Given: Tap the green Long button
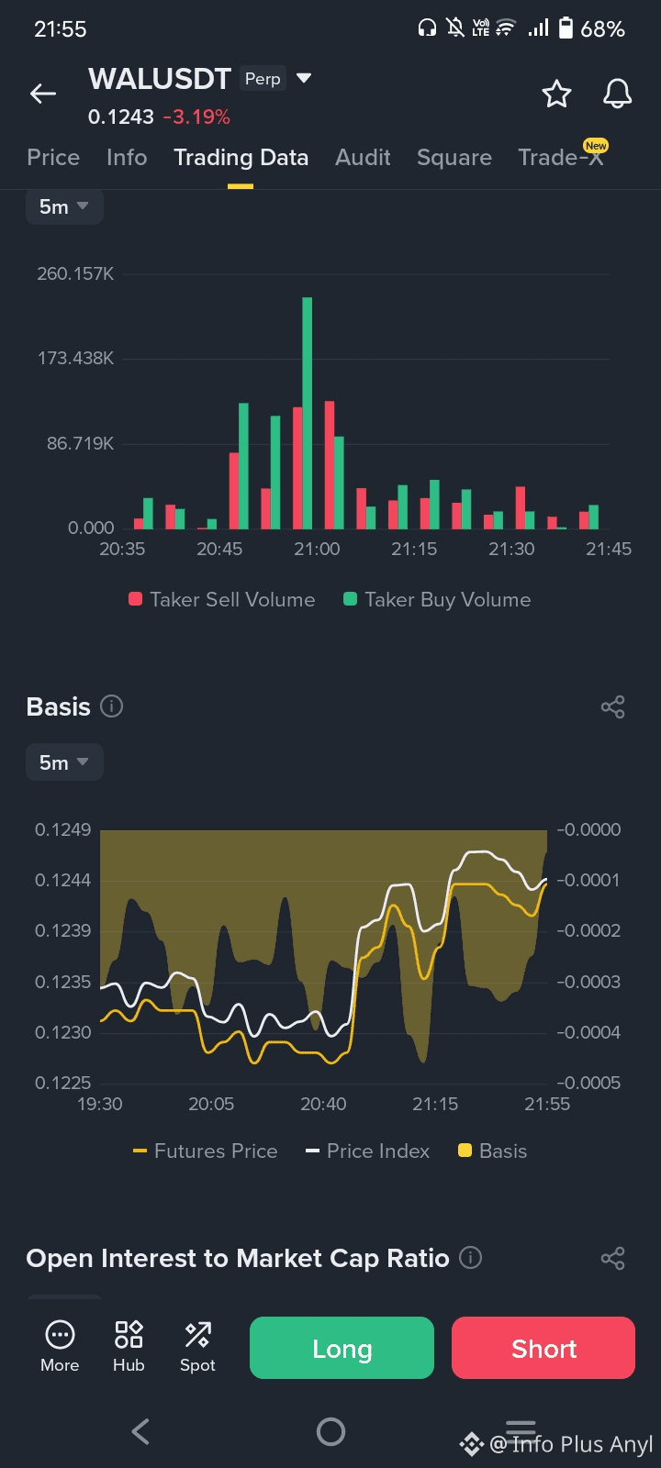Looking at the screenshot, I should click(342, 1348).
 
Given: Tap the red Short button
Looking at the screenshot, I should click(543, 1348).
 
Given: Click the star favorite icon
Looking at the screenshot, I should click(556, 94).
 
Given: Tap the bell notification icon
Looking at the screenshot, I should click(617, 94).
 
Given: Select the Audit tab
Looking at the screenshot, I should click(363, 158).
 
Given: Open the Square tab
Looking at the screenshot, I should click(454, 158).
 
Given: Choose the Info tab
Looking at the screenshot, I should click(127, 158).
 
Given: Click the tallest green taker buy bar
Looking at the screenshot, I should click(308, 413).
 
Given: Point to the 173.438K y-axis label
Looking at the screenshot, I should click(75, 359).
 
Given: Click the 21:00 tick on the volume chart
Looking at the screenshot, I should click(317, 550).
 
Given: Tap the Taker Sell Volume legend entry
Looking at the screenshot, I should click(222, 600).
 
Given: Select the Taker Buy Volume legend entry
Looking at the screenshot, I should click(437, 600).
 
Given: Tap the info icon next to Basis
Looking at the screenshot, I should click(111, 706).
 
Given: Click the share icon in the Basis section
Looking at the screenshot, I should click(612, 706).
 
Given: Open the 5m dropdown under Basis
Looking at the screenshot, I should click(63, 762).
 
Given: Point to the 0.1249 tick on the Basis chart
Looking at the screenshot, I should click(63, 830).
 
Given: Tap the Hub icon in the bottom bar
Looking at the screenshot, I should click(129, 1346).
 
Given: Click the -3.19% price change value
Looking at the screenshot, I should click(196, 117).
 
